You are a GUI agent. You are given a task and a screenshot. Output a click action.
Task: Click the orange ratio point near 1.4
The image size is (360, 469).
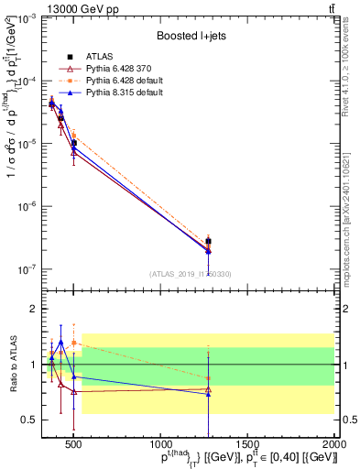[73, 343]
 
